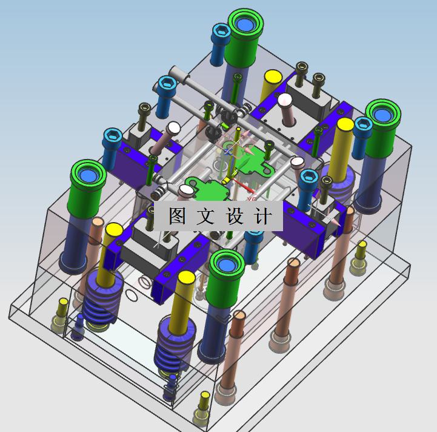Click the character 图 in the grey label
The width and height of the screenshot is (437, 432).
point(178,215)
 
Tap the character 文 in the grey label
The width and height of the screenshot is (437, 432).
point(205,216)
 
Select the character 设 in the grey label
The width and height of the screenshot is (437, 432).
point(235,216)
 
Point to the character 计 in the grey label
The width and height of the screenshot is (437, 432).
point(263,216)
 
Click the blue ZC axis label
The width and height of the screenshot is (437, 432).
point(228,152)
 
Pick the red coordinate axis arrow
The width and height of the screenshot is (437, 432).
point(245,187)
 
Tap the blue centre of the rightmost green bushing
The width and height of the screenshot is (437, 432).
point(382,115)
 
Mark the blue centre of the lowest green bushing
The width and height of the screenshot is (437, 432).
point(226,265)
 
